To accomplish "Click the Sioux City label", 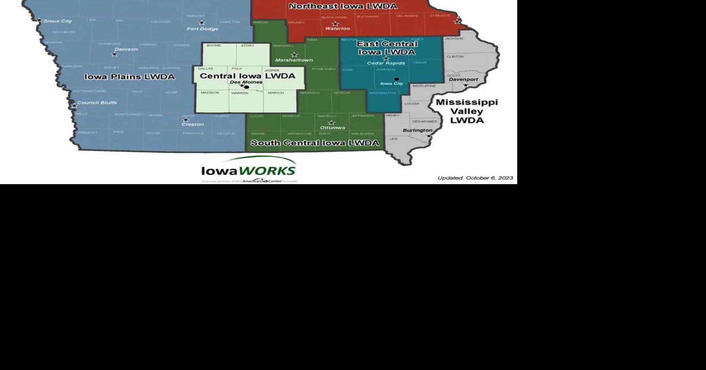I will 58,21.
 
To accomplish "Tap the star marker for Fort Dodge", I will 201,22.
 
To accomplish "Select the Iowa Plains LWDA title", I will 129,77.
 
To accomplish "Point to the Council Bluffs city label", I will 97,103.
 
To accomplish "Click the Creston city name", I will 192,124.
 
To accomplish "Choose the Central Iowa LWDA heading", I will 247,76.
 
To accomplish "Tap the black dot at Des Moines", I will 247,87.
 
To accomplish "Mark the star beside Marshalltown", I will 294,55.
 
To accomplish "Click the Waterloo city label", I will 337,29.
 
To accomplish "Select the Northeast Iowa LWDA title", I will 343,6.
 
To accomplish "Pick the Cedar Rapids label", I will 386,63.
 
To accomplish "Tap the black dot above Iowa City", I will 397,79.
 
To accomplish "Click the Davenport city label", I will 463,80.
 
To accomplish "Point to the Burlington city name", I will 417,130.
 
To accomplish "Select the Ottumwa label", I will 332,128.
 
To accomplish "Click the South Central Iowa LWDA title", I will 315,143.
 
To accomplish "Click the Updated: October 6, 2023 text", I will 475,178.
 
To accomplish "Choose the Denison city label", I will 126,49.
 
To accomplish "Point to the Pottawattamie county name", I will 89,91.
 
